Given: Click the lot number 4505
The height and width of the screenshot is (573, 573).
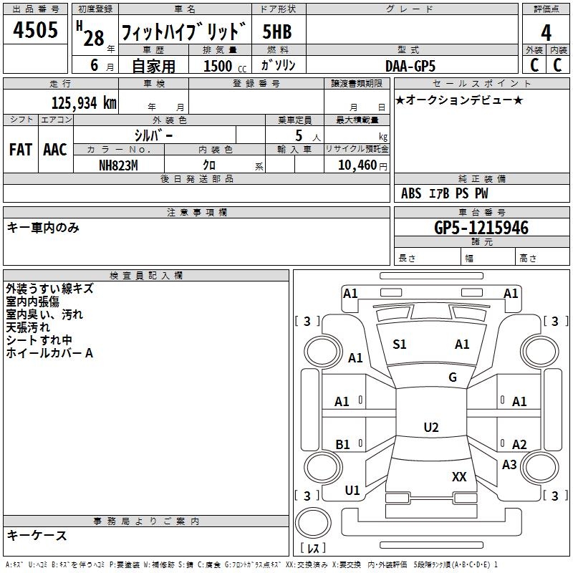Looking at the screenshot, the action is coord(36,31).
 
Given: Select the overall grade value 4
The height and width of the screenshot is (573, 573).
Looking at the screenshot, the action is coord(546,32).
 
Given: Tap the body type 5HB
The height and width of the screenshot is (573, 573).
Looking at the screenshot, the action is coord(276,32).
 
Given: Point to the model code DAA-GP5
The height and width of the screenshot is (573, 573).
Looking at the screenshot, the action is coord(410,65).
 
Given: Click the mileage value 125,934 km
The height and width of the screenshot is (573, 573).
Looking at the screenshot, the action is coord(83,103).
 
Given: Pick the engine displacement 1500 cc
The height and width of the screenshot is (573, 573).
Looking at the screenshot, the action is coord(219,66).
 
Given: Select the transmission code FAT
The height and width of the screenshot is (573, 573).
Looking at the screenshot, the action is coord(20,150).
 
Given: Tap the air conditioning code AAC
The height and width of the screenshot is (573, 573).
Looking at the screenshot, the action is coord(55,150).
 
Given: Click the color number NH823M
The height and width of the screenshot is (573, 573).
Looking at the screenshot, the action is coord(117,165).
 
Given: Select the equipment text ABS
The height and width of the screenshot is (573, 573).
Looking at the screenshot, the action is coord(411,193).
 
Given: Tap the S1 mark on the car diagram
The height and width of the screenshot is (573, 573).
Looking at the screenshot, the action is coord(400,345).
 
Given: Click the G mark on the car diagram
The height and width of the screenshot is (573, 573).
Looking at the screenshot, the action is coord(453,377).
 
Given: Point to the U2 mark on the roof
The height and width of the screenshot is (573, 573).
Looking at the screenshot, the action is coord(430,428).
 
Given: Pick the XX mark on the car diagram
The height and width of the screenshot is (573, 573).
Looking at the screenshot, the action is coord(459,476).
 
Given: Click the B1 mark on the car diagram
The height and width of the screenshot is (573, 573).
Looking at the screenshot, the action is coord(342,445).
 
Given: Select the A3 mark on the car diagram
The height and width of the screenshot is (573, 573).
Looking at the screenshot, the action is coord(509,464).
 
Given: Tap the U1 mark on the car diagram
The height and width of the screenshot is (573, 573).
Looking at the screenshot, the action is coord(352,491).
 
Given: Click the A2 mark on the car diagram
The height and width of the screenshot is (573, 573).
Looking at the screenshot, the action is coord(519,445).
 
